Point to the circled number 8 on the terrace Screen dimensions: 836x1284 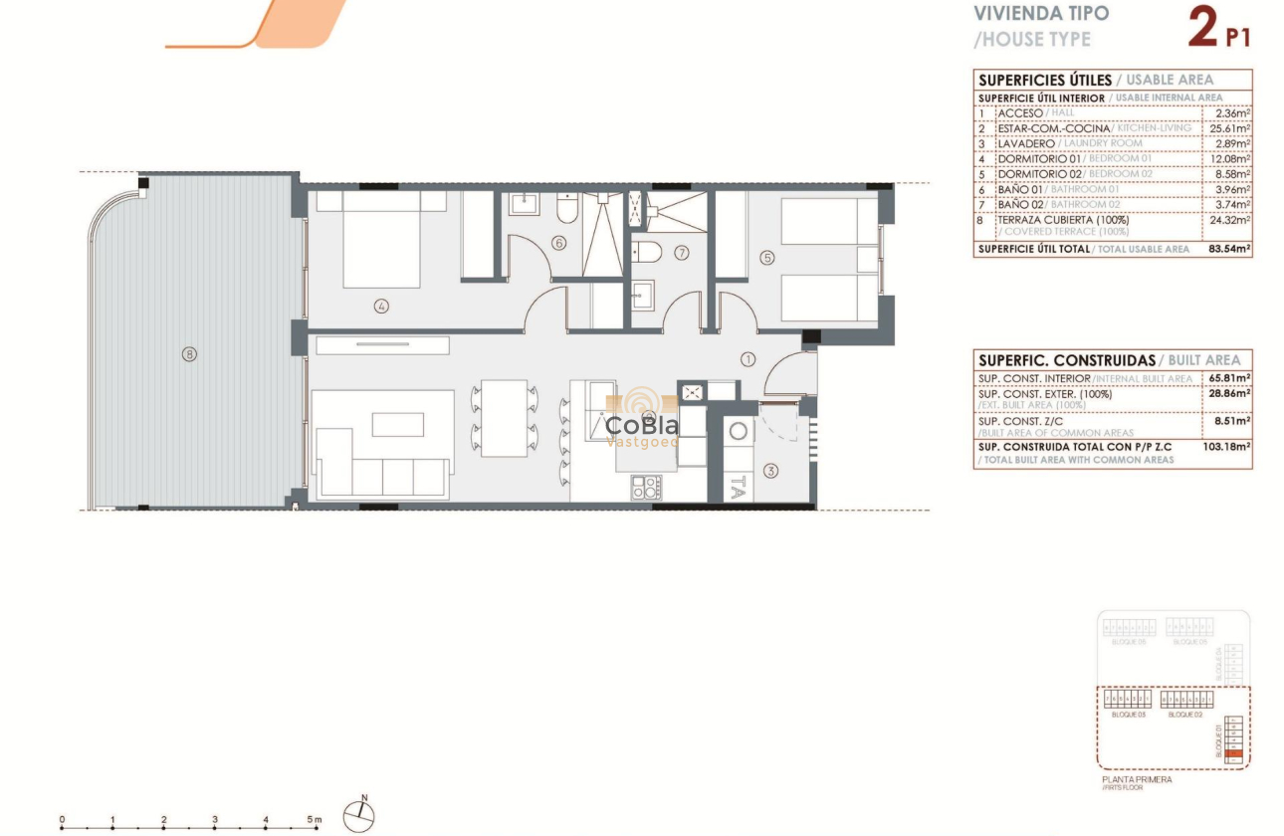click(x=189, y=352)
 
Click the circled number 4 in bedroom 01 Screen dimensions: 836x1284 click(x=380, y=307)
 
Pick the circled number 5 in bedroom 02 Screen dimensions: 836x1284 click(x=766, y=257)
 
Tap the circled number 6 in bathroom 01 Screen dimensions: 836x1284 click(x=558, y=242)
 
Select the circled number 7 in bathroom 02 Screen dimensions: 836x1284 click(x=682, y=253)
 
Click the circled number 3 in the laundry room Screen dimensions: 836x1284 click(x=770, y=471)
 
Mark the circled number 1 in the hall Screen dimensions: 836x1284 click(x=749, y=358)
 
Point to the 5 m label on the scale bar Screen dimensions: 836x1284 click(x=316, y=820)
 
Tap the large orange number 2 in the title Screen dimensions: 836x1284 click(x=1202, y=27)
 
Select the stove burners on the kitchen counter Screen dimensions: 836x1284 click(x=646, y=487)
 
